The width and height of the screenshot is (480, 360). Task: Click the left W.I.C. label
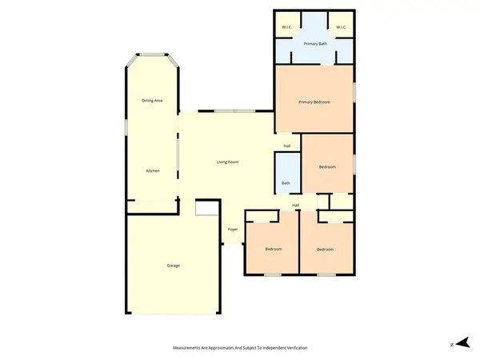286,28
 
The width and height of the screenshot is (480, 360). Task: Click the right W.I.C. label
341,28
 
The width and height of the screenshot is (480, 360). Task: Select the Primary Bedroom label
314,102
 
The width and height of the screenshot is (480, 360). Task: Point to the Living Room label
228,162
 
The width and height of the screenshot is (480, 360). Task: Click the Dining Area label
152,101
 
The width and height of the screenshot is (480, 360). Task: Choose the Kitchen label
152,172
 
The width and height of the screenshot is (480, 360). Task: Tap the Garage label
173,266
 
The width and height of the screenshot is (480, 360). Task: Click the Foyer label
233,230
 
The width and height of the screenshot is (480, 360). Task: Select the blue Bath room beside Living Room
286,172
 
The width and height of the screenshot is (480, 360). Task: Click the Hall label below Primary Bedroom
286,146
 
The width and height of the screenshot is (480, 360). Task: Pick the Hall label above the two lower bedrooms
295,206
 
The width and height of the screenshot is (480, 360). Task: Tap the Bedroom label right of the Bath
327,166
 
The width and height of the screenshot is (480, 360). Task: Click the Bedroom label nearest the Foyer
274,250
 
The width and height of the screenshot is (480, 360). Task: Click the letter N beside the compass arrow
451,344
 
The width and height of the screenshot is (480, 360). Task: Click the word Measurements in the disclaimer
190,348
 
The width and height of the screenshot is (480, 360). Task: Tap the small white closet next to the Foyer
207,208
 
